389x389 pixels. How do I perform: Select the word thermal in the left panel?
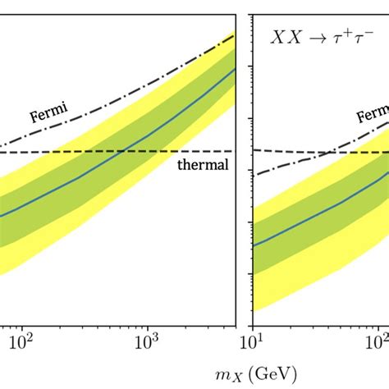tap(202, 165)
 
